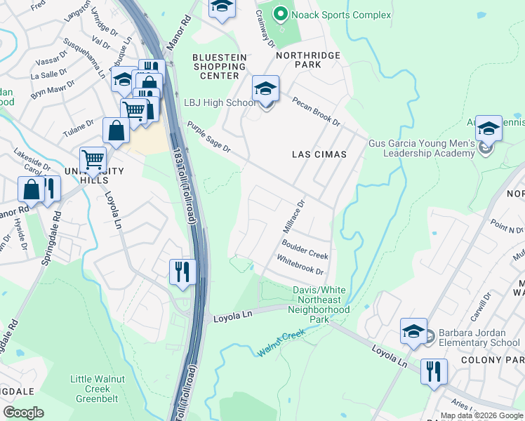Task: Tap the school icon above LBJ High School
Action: [265, 89]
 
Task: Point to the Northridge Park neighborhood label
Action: [307, 60]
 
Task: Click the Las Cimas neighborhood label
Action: [319, 154]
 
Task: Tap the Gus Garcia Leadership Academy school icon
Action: [489, 129]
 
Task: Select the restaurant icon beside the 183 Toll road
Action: [182, 272]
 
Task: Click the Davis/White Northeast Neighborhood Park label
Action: [320, 305]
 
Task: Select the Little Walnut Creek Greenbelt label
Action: [90, 389]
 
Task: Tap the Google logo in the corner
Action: [23, 413]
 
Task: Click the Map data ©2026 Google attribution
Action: [481, 415]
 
